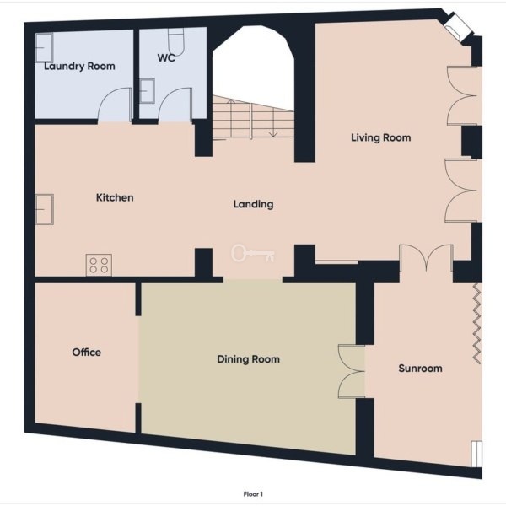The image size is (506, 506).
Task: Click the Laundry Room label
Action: pos(79,67)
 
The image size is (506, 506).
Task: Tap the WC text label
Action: pos(166,57)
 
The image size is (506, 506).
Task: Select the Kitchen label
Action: pos(115,197)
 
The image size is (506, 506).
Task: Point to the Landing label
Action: pos(253,204)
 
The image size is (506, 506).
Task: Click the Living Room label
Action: pos(381,137)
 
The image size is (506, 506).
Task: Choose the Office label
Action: pos(87,352)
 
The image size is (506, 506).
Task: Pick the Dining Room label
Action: pos(248,359)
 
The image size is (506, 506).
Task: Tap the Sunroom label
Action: pos(420,369)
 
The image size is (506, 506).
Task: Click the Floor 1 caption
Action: pos(253,494)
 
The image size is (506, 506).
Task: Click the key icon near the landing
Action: pos(253,253)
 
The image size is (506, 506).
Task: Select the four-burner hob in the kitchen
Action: pos(99,265)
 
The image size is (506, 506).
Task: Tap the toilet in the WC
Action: pos(176,42)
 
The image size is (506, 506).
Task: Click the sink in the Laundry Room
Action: pos(44,47)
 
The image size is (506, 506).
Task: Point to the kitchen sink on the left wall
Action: pos(44,209)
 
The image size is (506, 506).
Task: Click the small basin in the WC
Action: pos(147,91)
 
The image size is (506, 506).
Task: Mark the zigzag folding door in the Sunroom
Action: pos(477,324)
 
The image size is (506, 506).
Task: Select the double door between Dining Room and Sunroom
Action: pos(352,371)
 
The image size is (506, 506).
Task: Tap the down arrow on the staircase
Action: pos(273,122)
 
